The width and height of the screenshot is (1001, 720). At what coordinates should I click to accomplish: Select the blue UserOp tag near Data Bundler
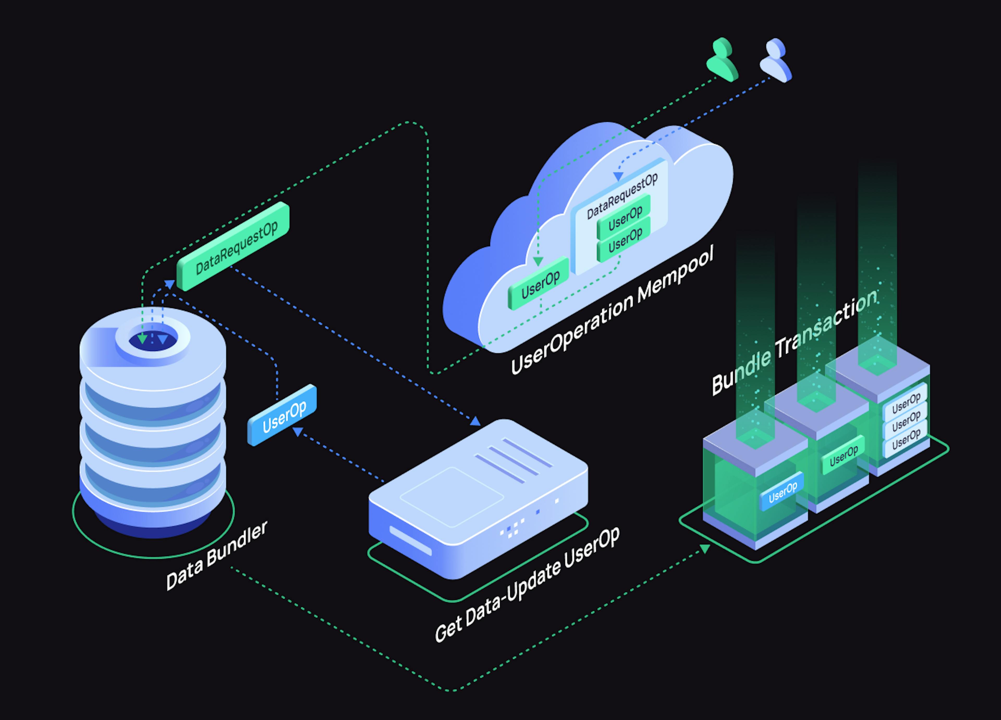pos(283,416)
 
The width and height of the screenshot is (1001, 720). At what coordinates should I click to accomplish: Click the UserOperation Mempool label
pos(611,312)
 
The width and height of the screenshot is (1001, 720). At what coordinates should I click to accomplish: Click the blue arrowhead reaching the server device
pos(475,421)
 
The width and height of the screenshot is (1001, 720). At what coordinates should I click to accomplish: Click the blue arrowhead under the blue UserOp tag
pos(298,431)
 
